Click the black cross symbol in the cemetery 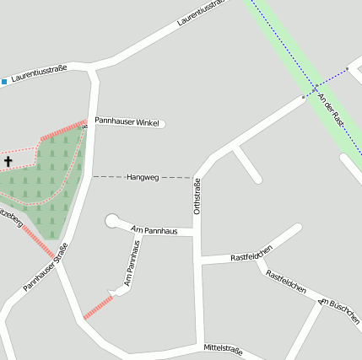8,160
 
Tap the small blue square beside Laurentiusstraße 4,82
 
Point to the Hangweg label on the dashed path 142,177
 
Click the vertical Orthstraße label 197,196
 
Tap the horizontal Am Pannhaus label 154,229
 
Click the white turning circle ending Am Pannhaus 112,221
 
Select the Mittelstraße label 223,348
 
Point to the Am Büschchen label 339,312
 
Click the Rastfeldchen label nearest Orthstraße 251,255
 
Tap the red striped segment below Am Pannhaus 98,307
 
